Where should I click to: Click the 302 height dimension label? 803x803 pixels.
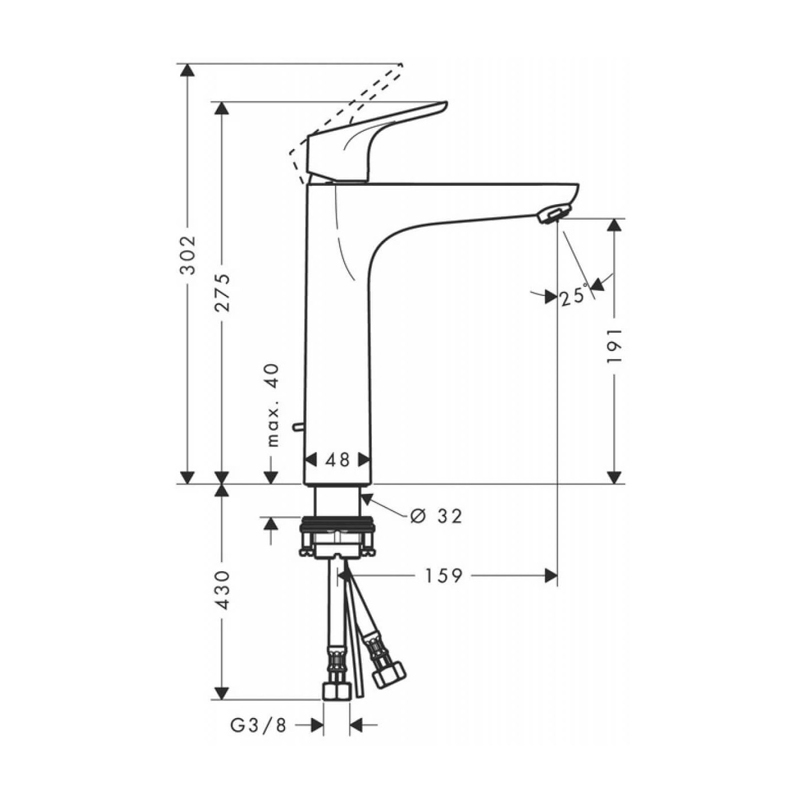pyautogui.click(x=188, y=255)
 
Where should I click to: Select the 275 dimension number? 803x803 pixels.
pyautogui.click(x=222, y=293)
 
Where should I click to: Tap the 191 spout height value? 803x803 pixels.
pyautogui.click(x=614, y=346)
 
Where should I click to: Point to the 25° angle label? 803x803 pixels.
pyautogui.click(x=574, y=296)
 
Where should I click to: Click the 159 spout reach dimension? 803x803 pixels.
pyautogui.click(x=443, y=575)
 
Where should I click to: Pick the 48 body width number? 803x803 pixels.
pyautogui.click(x=337, y=459)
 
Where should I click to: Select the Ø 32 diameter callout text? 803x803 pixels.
pyautogui.click(x=437, y=516)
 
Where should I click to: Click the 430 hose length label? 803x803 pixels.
pyautogui.click(x=222, y=590)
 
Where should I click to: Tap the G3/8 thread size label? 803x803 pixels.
pyautogui.click(x=258, y=726)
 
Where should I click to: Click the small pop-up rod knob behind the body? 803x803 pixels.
pyautogui.click(x=297, y=426)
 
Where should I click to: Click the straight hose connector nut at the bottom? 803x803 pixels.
pyautogui.click(x=336, y=691)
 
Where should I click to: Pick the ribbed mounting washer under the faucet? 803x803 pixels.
pyautogui.click(x=337, y=523)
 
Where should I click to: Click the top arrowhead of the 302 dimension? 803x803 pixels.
pyautogui.click(x=187, y=70)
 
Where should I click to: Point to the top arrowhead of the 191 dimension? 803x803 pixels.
pyautogui.click(x=614, y=225)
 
